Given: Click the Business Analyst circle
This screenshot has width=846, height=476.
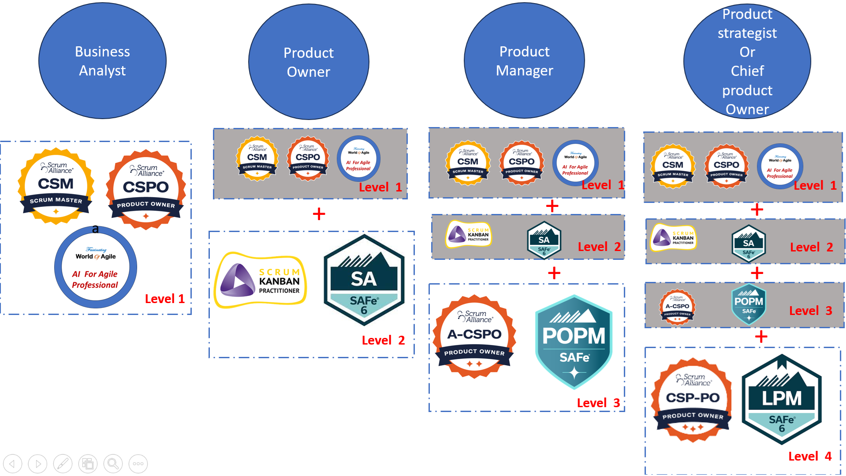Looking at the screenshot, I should pyautogui.click(x=102, y=61).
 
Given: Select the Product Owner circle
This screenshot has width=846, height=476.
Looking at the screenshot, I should pyautogui.click(x=309, y=62).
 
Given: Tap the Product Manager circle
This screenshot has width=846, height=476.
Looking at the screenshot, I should pyautogui.click(x=524, y=61).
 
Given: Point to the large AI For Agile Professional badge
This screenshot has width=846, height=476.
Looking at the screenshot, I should pyautogui.click(x=96, y=267).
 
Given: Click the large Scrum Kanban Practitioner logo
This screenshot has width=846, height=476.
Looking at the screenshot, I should pyautogui.click(x=261, y=280).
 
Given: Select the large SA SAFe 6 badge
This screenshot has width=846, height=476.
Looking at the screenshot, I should pyautogui.click(x=364, y=281).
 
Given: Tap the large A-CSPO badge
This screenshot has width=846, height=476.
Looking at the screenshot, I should pyautogui.click(x=474, y=337).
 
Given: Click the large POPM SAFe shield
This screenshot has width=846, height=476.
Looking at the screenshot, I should pyautogui.click(x=574, y=342).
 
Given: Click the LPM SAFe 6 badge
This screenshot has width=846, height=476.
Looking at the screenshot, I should pyautogui.click(x=782, y=399).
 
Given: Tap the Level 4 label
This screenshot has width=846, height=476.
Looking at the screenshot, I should pyautogui.click(x=809, y=456).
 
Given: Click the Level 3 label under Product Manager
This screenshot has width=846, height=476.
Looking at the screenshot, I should pyautogui.click(x=598, y=403).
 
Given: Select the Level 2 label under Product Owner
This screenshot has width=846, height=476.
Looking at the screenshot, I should pyautogui.click(x=383, y=340).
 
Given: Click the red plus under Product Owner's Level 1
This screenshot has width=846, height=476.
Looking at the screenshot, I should pyautogui.click(x=319, y=214).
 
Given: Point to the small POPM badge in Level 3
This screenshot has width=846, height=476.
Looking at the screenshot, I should pyautogui.click(x=749, y=304).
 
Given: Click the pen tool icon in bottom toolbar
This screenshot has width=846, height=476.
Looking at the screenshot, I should pyautogui.click(x=63, y=464).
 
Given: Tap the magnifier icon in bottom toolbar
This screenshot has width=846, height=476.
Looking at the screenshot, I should pyautogui.click(x=113, y=464).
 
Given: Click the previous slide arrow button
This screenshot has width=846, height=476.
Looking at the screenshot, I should pyautogui.click(x=12, y=464).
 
